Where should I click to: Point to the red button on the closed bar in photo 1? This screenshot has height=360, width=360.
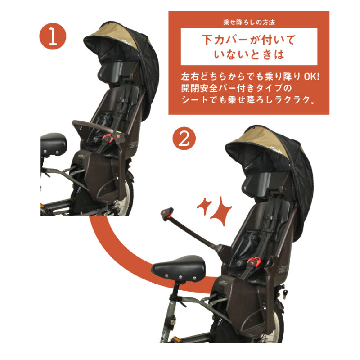click(x=118, y=134)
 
